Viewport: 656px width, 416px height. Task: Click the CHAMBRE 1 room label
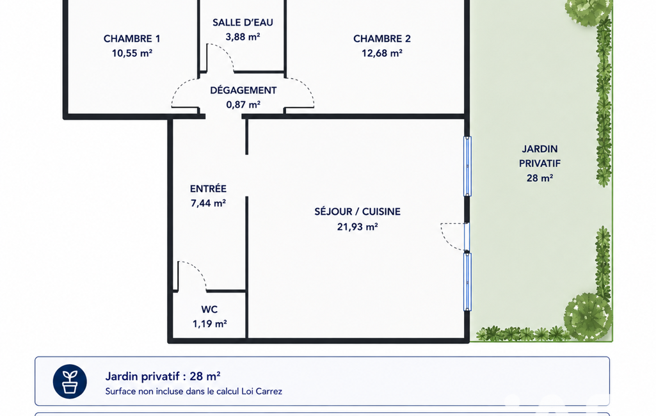click(132, 38)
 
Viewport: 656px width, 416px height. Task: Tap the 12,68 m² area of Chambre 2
click(382, 53)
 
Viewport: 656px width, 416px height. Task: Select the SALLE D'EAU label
click(243, 22)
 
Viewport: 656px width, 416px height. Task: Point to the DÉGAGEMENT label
click(243, 90)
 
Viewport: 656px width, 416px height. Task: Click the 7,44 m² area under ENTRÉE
click(209, 204)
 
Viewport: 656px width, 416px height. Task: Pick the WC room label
click(209, 309)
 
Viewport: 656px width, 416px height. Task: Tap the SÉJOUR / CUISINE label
click(357, 212)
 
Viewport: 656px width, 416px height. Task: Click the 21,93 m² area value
click(357, 227)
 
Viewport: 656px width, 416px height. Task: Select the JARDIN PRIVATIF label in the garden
click(540, 156)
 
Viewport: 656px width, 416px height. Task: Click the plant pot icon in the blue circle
click(70, 381)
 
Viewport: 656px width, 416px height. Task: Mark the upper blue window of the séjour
click(467, 166)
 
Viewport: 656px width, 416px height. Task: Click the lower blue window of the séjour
click(467, 282)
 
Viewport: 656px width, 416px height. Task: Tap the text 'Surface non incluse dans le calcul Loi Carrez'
click(194, 392)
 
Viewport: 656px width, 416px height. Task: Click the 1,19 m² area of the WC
click(210, 324)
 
